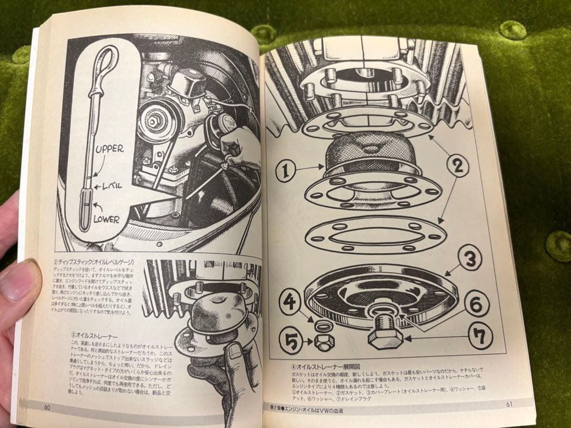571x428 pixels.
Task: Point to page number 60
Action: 48,407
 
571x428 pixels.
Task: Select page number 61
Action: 510,404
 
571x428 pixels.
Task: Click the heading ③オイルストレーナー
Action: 94,335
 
